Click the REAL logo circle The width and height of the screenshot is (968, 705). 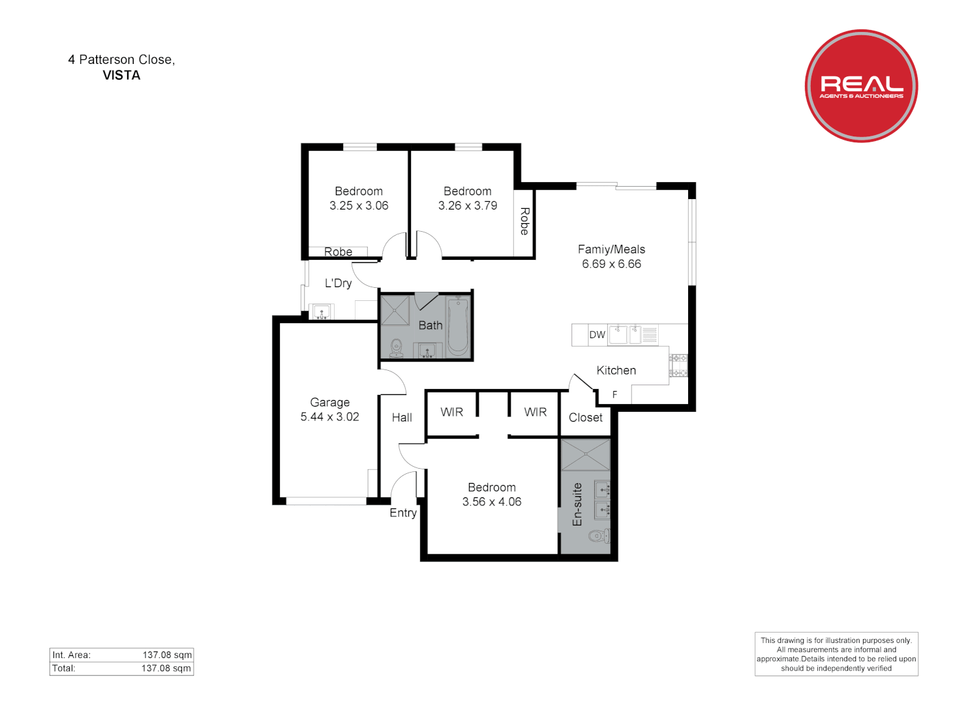click(861, 86)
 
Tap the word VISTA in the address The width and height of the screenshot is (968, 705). click(121, 75)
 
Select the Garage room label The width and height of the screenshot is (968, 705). click(329, 402)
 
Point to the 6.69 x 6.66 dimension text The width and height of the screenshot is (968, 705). click(611, 264)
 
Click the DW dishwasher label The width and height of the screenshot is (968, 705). click(597, 335)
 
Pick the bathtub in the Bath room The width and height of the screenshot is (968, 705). click(458, 324)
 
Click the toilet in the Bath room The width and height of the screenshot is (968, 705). click(396, 349)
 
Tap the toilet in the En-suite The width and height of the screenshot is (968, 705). click(597, 537)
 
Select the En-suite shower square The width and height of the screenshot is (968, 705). click(585, 455)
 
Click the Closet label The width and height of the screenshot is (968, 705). click(585, 418)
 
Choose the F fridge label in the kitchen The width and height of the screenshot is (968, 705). click(614, 395)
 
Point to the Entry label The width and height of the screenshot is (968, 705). click(403, 513)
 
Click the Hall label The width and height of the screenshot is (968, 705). click(402, 418)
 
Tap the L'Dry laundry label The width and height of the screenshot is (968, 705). click(338, 283)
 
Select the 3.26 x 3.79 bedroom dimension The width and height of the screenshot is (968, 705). click(468, 206)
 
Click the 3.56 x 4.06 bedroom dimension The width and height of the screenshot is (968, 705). click(492, 502)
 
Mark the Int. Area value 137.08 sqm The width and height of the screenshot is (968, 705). click(167, 655)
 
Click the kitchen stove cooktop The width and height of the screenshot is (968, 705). click(678, 366)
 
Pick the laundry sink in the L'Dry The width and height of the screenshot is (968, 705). click(321, 311)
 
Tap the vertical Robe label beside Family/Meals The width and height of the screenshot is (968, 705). click(524, 221)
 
